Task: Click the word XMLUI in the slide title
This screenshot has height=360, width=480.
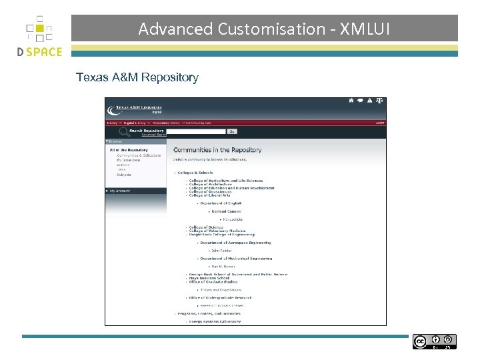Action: [x=365, y=29]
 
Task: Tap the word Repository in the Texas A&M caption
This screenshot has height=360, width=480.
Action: [x=169, y=77]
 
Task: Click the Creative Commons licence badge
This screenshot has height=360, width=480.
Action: [x=434, y=342]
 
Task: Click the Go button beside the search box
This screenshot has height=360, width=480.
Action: [x=233, y=132]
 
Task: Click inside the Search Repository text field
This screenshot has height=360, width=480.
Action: [x=196, y=132]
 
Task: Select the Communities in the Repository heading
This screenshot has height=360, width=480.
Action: [x=217, y=150]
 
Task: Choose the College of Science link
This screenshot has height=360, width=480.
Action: [x=206, y=227]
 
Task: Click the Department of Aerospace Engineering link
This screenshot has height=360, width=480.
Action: [x=235, y=243]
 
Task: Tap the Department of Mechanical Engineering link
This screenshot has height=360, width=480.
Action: [x=236, y=259]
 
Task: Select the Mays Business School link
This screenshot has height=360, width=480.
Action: [x=209, y=278]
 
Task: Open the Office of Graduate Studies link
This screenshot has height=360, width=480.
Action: [x=213, y=282]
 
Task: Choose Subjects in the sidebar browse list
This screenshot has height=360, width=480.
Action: [x=124, y=175]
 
